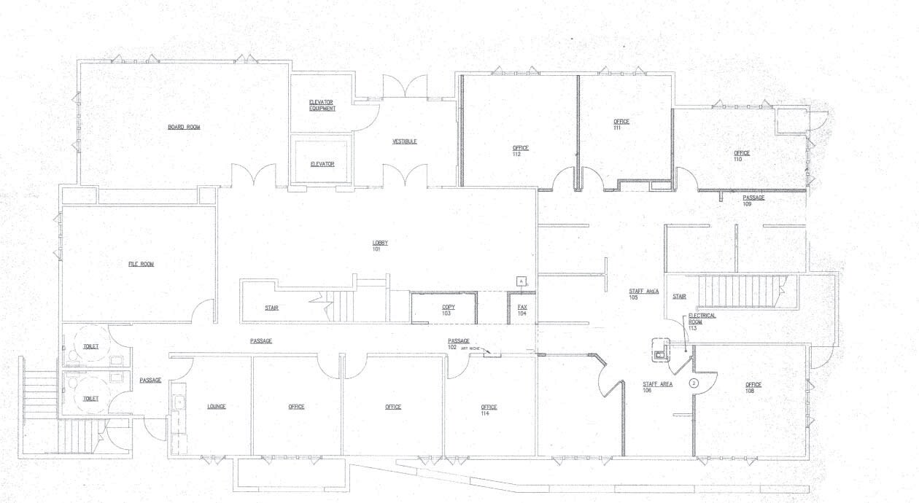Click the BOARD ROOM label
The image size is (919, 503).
coord(184,128)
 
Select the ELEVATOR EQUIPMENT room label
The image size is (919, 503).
coord(322,105)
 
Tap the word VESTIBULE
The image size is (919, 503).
coord(405,141)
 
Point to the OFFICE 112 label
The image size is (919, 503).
coord(521,151)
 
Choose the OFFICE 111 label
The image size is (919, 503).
coord(621,125)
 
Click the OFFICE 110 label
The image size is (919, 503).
coord(742,156)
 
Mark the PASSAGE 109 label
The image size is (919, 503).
coord(753,200)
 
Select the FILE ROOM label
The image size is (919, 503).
coord(141,264)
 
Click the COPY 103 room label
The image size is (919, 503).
coord(449,311)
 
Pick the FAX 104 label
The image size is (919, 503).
coord(522,311)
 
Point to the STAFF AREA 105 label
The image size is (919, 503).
coord(644,295)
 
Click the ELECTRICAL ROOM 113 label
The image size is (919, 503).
coord(702,321)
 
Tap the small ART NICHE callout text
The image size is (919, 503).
coord(469,349)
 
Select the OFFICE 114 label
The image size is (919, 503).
coord(489,410)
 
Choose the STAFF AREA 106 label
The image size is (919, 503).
coord(657,387)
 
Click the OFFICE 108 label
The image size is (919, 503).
coord(753,388)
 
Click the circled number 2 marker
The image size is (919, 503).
coord(694,382)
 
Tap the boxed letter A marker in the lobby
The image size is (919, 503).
coord(521,280)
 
